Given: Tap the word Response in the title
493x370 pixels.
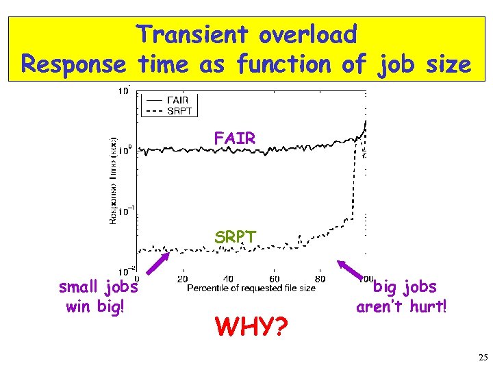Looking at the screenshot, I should [x=74, y=64].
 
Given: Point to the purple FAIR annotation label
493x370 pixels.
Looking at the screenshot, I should [x=235, y=138].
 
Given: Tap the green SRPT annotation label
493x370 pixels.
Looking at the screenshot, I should [x=235, y=237].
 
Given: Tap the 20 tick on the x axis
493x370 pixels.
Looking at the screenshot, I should [x=183, y=279].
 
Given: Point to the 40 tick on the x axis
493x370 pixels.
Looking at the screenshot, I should [x=228, y=279].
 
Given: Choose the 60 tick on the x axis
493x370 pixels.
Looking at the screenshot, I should [x=274, y=279].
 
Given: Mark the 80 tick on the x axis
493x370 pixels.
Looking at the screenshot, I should [x=320, y=279].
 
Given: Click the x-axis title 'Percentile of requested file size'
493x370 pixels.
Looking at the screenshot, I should [x=251, y=288].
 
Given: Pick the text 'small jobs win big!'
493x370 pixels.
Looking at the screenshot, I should [x=99, y=296].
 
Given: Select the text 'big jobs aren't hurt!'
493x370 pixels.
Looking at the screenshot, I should [x=402, y=296].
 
